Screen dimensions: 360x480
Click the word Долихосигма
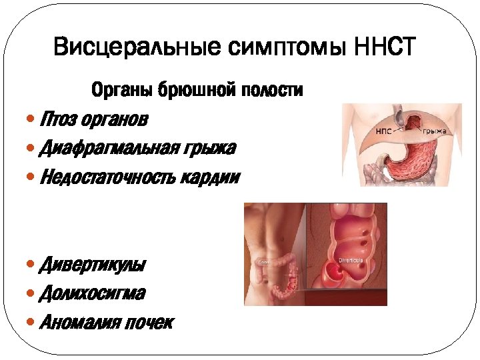click(93, 293)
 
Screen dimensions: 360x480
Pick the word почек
click(150, 323)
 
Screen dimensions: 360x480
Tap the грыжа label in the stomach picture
click(434, 132)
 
